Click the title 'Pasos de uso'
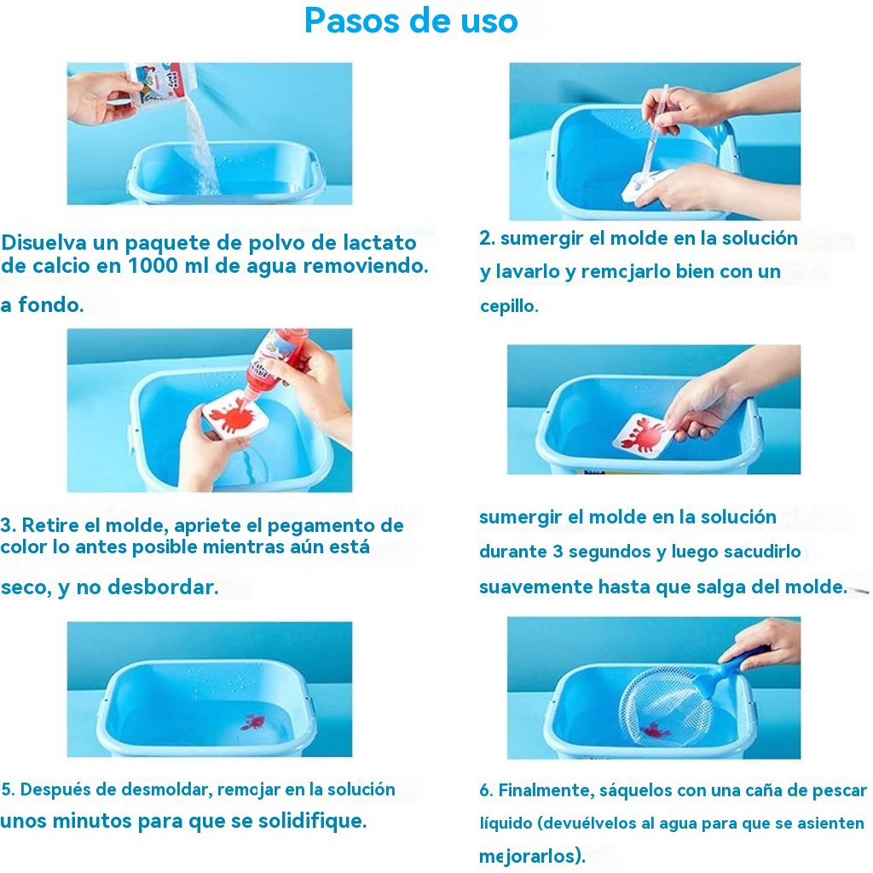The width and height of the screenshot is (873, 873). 411,21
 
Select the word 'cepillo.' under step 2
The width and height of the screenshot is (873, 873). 510,306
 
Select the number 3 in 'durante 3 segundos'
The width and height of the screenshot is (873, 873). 558,552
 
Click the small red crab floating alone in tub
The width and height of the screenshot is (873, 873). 252,723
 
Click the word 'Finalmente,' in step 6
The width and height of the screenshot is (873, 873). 546,790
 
